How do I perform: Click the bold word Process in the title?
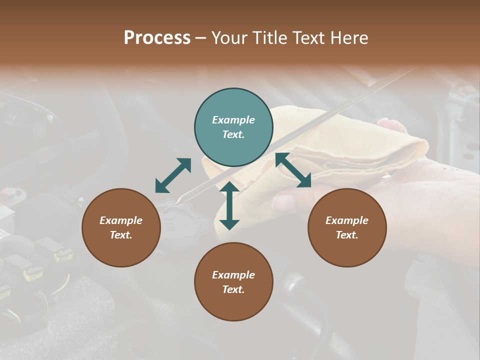(157, 38)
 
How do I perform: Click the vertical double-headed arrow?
(229, 205)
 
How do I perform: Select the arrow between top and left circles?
(173, 175)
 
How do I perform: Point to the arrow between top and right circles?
(293, 170)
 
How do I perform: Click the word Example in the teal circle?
(233, 120)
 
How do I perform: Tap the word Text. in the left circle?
(121, 235)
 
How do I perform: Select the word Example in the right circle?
(347, 220)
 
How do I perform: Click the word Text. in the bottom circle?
(233, 289)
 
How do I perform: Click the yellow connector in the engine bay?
(33, 272)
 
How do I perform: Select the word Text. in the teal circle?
(233, 134)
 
